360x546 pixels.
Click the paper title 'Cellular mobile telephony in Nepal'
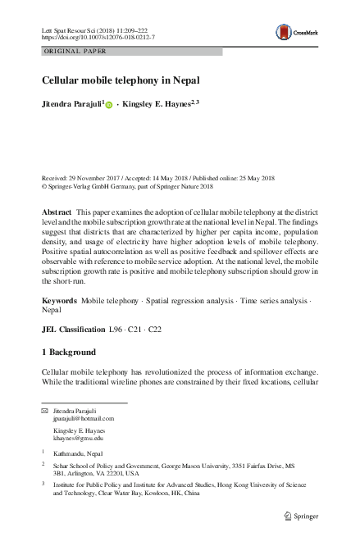click(x=121, y=81)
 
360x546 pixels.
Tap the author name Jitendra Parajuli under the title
click(x=72, y=105)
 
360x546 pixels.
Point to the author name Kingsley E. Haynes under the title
click(x=156, y=105)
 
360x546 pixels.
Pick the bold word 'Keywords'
click(x=59, y=302)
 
